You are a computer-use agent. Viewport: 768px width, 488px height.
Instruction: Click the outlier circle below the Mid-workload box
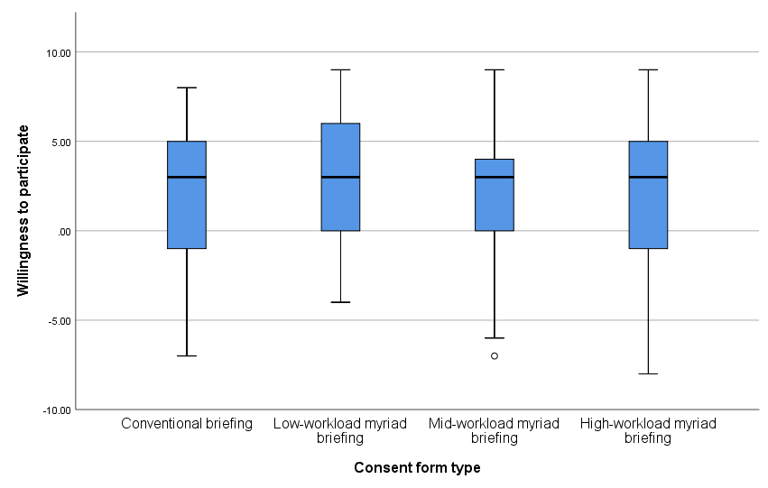(495, 355)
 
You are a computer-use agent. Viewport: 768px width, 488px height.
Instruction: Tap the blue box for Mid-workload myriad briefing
(495, 203)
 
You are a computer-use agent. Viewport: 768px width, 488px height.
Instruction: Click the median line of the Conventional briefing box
(187, 177)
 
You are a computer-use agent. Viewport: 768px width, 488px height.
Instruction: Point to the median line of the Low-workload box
(341, 177)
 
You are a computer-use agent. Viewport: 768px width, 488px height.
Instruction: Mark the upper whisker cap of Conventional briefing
(187, 87)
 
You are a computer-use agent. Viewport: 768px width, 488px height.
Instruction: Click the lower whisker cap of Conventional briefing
(187, 355)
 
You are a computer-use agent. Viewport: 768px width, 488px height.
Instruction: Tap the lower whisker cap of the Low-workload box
(341, 302)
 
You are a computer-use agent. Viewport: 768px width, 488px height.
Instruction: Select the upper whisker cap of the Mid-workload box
(495, 69)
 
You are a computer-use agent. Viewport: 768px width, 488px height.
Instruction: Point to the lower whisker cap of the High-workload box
(648, 373)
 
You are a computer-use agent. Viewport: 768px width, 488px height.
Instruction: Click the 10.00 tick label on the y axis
(59, 52)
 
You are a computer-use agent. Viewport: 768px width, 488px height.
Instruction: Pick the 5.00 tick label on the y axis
(61, 142)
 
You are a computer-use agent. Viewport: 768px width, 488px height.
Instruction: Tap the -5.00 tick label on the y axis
(60, 320)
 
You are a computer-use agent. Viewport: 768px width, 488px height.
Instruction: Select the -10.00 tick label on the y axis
(57, 410)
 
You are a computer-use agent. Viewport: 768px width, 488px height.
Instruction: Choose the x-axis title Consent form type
(417, 467)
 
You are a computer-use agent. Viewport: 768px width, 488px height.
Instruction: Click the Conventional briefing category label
(187, 423)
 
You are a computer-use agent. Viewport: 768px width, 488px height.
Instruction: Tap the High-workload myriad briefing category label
(648, 430)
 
